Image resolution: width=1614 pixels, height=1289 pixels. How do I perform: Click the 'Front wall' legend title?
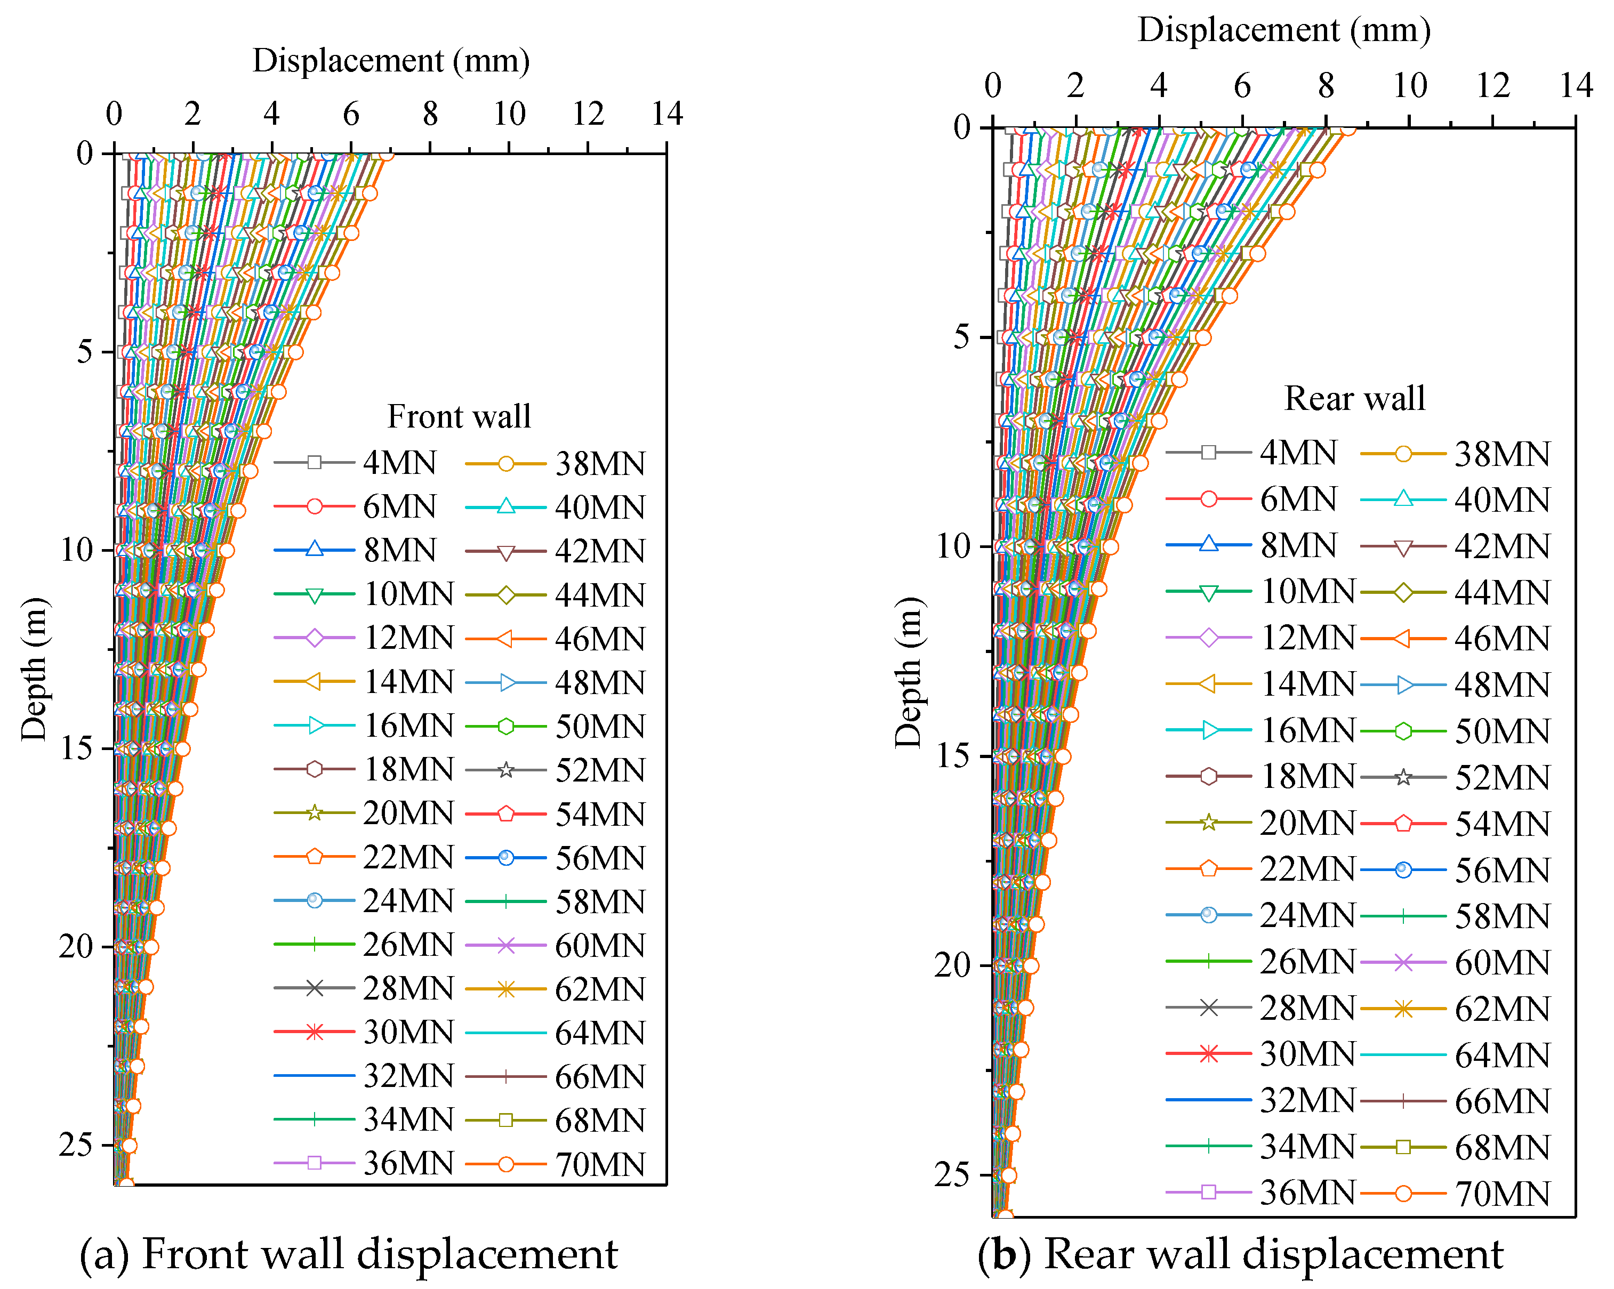(459, 416)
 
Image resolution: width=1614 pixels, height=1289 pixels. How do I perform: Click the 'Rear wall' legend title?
(1355, 398)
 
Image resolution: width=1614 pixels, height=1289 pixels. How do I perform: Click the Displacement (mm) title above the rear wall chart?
(1284, 30)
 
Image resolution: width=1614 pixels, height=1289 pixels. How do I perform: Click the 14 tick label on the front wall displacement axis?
(667, 114)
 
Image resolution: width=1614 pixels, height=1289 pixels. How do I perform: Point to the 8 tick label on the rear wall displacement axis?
(1326, 85)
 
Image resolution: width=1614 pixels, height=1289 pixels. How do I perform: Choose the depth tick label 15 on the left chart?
(76, 748)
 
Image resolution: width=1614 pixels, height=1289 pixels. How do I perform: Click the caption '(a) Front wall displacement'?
(349, 1254)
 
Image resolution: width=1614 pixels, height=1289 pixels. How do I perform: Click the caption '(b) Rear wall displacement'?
(1240, 1254)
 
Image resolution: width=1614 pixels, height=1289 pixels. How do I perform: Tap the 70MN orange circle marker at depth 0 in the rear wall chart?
(1347, 130)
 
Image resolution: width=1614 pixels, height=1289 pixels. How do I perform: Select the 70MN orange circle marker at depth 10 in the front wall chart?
(226, 551)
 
